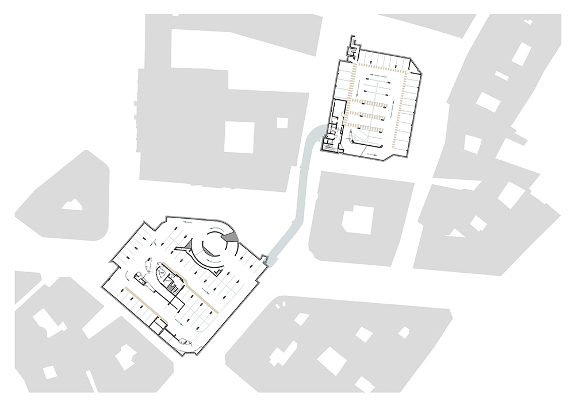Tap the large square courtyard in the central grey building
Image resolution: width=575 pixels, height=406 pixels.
coord(239,137)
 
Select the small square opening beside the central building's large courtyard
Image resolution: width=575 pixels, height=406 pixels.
coord(282,122)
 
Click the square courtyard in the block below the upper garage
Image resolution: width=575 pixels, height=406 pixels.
coord(358,220)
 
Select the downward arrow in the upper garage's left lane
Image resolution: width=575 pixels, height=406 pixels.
coord(361,88)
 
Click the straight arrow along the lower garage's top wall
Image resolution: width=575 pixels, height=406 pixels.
coord(187,222)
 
